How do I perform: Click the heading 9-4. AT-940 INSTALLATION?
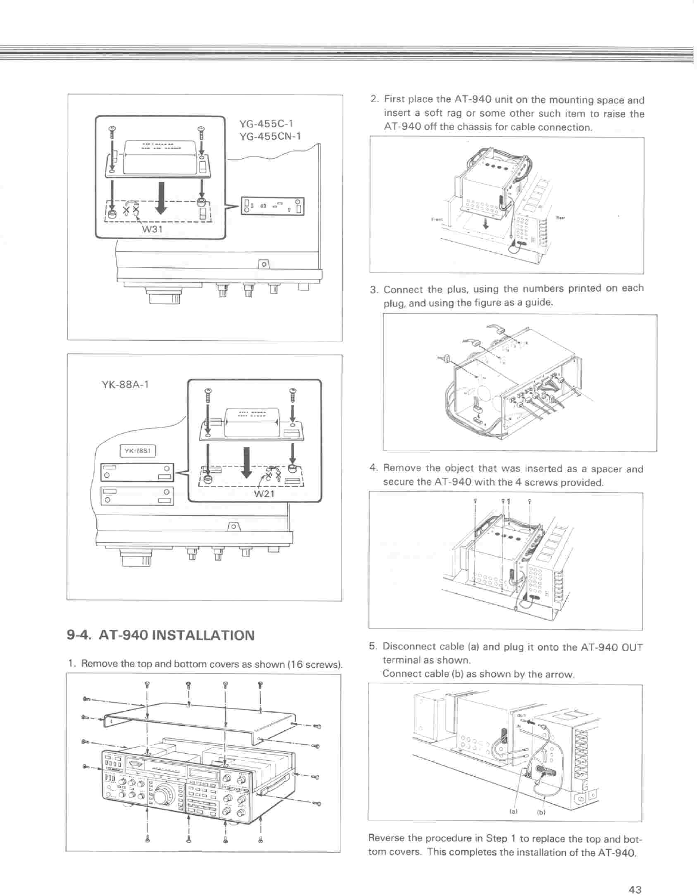click(x=160, y=635)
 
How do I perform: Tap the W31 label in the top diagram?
click(x=154, y=229)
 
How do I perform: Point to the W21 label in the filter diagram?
click(x=265, y=494)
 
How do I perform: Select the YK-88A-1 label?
click(x=126, y=384)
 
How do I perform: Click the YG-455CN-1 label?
click(x=270, y=137)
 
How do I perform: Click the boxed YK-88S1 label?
click(x=138, y=451)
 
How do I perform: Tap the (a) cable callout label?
click(x=513, y=812)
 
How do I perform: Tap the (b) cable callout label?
click(x=541, y=812)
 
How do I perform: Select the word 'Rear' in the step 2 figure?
click(x=561, y=217)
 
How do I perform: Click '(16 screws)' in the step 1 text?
click(x=315, y=664)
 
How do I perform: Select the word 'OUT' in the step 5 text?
click(x=632, y=648)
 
